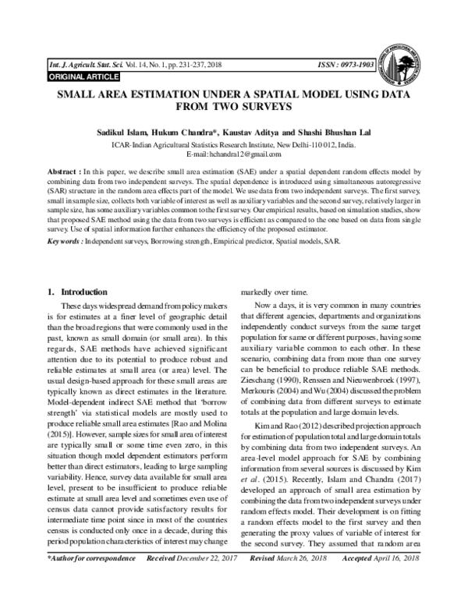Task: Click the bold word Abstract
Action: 63,169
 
